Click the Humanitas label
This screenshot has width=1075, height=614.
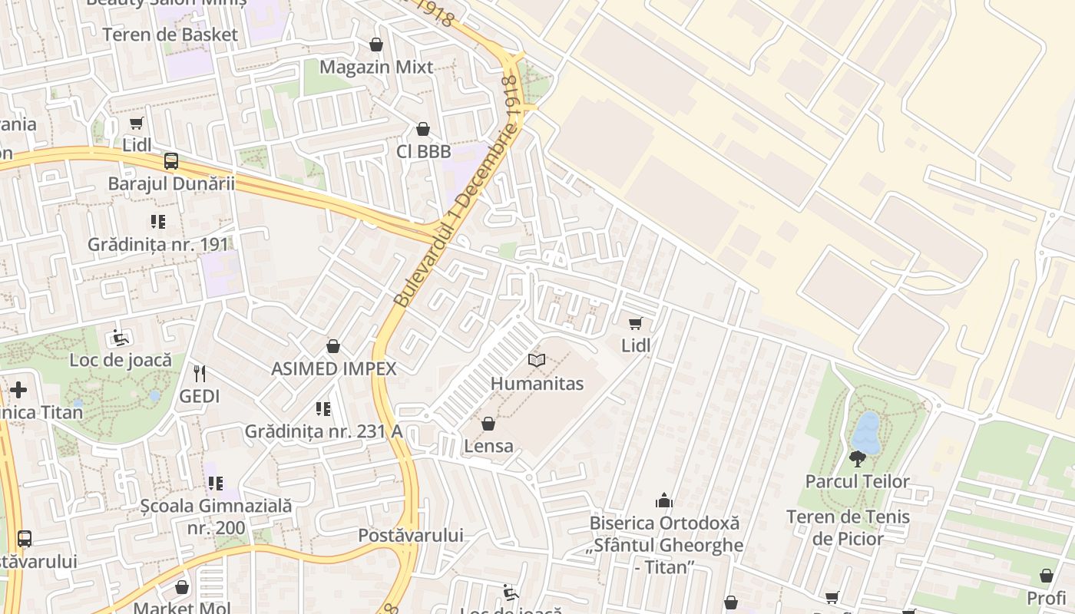[x=537, y=383]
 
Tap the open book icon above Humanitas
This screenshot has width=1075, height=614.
[x=537, y=360]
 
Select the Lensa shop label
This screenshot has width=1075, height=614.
[x=488, y=445]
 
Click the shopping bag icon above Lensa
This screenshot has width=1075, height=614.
[x=488, y=424]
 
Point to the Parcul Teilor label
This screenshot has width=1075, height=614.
[x=857, y=481]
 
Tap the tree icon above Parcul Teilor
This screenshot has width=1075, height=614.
[x=857, y=459]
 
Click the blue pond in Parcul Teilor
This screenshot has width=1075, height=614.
[x=867, y=433]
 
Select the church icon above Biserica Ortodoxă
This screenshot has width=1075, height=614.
[x=664, y=501]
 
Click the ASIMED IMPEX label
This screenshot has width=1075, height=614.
[x=334, y=368]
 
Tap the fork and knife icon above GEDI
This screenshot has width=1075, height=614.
[x=200, y=374]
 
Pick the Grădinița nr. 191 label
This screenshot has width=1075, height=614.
[x=158, y=244]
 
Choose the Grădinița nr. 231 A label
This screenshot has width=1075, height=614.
[x=323, y=431]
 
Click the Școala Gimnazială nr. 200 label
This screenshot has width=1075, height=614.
[x=217, y=517]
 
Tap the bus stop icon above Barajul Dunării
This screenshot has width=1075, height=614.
[x=171, y=161]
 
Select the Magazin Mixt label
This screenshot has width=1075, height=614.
[x=376, y=67]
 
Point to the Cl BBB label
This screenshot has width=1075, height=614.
[x=423, y=151]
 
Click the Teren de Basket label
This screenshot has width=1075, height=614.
[x=170, y=35]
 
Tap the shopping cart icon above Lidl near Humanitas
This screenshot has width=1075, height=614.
[x=635, y=323]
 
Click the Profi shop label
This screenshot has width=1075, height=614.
[x=1047, y=597]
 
